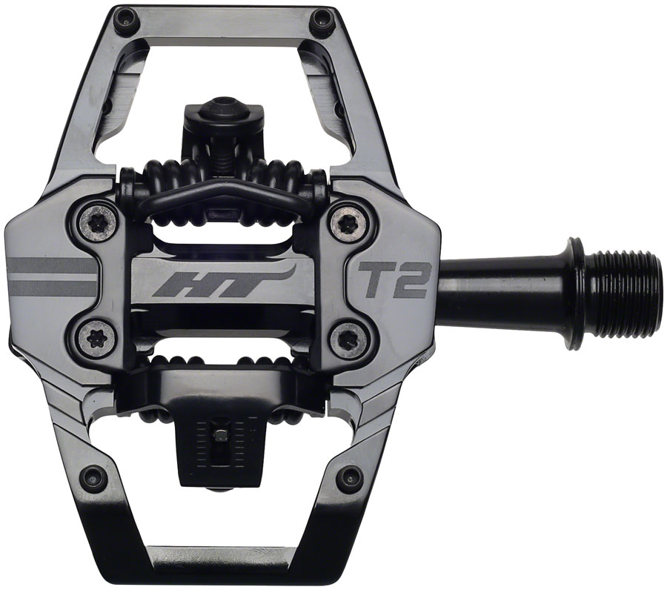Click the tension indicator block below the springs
tap(220, 437)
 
